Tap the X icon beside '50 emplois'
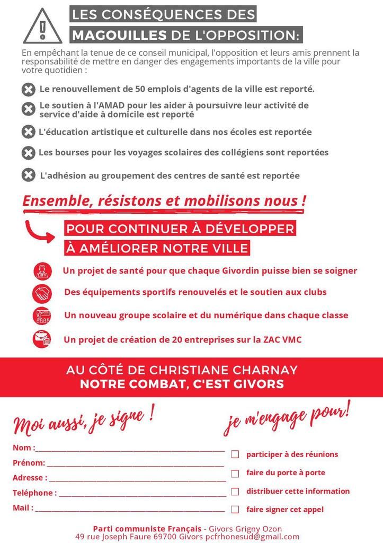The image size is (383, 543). point(29,90)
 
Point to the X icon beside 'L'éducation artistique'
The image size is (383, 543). point(28,132)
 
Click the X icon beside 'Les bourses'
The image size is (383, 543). point(28,153)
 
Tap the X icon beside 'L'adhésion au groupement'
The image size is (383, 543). point(28,175)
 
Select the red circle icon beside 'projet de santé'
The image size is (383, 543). point(42,271)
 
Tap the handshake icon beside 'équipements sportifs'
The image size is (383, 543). point(42,292)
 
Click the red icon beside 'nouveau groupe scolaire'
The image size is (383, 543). point(42,316)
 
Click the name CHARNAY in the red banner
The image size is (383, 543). point(263,370)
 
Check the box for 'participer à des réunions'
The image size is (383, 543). point(235,454)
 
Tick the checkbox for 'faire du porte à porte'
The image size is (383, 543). point(235,473)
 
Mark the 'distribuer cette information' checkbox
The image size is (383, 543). point(235,492)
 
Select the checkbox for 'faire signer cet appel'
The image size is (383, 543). point(235,510)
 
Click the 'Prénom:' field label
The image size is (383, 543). point(29,463)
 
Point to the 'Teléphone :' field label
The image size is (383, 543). point(34,493)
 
